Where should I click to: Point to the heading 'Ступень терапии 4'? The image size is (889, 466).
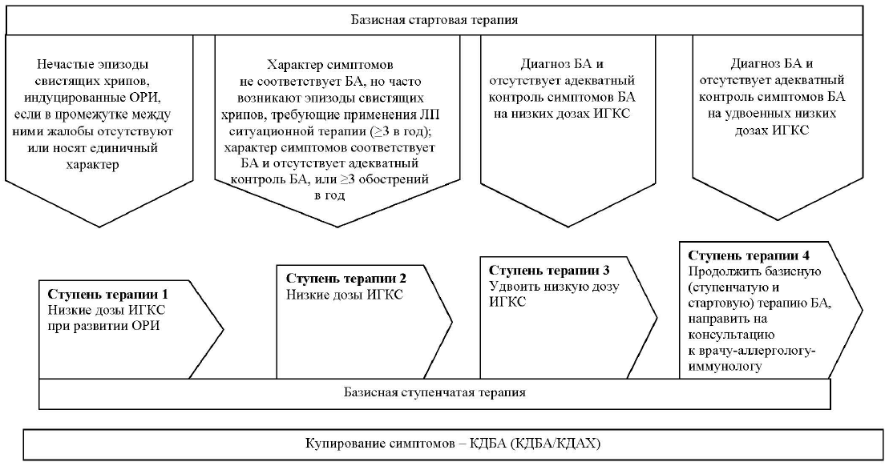[x=748, y=255]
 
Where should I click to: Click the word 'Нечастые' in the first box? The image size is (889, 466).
[x=66, y=64]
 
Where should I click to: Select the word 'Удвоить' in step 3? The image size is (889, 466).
[x=510, y=286]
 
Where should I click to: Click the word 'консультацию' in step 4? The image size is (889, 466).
[x=730, y=335]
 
